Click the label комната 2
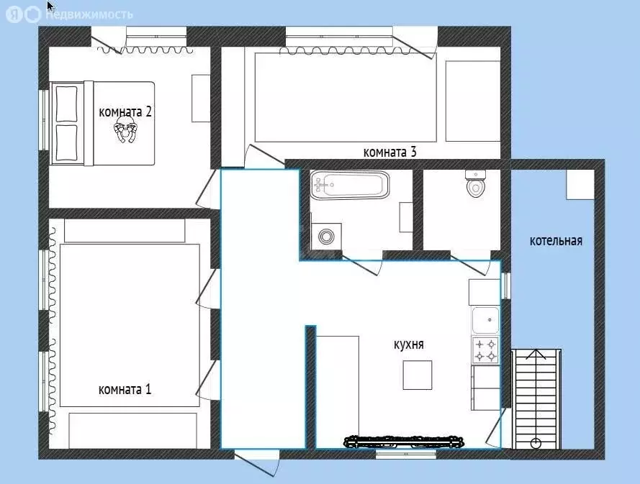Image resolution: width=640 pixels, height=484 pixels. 125,111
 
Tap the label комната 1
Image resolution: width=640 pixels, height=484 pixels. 125,389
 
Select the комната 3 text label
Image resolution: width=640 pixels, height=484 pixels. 389,152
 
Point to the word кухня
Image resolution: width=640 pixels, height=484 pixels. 409,344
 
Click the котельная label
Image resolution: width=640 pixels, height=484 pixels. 556,241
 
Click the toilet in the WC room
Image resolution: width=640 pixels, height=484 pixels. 476,183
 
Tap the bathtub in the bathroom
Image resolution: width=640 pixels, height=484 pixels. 349,185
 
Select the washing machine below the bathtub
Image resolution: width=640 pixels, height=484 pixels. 326,236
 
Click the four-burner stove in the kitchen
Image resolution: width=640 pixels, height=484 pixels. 486,350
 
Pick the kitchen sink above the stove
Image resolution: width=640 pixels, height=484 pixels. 486,321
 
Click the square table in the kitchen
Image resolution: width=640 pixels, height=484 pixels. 418,375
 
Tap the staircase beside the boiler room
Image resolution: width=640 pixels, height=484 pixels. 536,399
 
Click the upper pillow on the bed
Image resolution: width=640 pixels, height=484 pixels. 66,104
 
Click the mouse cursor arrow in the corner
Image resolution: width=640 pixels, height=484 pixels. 50,6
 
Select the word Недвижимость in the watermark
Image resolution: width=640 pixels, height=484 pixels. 89,14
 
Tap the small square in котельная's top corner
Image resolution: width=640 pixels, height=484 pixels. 580,184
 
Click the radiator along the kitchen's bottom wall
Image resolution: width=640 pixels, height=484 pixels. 405,442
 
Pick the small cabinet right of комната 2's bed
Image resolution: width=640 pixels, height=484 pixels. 201,99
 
